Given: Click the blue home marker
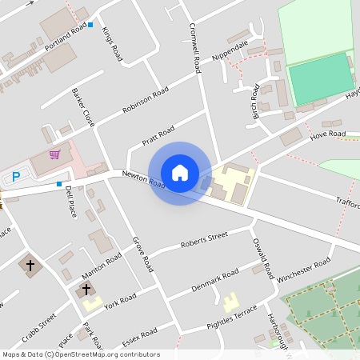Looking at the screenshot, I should (180, 173).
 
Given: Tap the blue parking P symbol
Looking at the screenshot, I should (15, 177).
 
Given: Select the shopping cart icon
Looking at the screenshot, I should (54, 154).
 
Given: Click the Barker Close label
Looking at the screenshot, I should (82, 107).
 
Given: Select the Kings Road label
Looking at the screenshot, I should (113, 49).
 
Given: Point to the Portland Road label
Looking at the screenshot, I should (66, 38).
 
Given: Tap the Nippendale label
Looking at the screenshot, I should (230, 50).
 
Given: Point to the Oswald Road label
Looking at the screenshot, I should (263, 259).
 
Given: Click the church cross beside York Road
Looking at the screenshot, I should (86, 289).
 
